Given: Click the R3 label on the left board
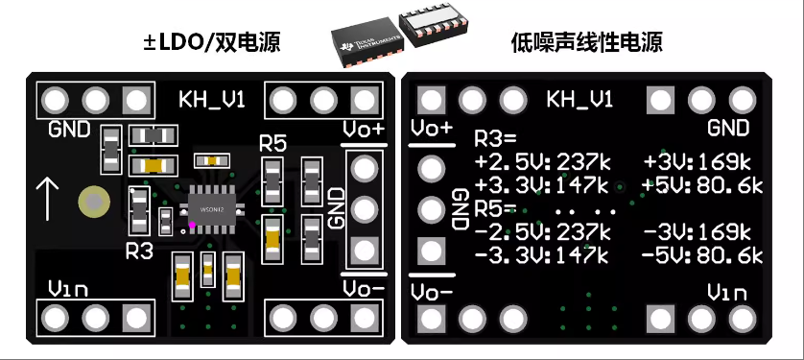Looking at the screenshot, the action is tap(139, 252).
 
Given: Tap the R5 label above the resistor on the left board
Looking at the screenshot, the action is tap(273, 144).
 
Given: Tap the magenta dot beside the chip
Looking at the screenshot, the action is tap(193, 226).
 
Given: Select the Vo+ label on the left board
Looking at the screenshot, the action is tap(363, 129).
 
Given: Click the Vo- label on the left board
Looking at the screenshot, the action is tap(363, 289).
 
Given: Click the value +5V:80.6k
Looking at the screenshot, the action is tap(703, 183).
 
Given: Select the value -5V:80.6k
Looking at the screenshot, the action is tap(703, 255).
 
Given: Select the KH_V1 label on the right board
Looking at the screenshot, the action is tap(579, 100).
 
